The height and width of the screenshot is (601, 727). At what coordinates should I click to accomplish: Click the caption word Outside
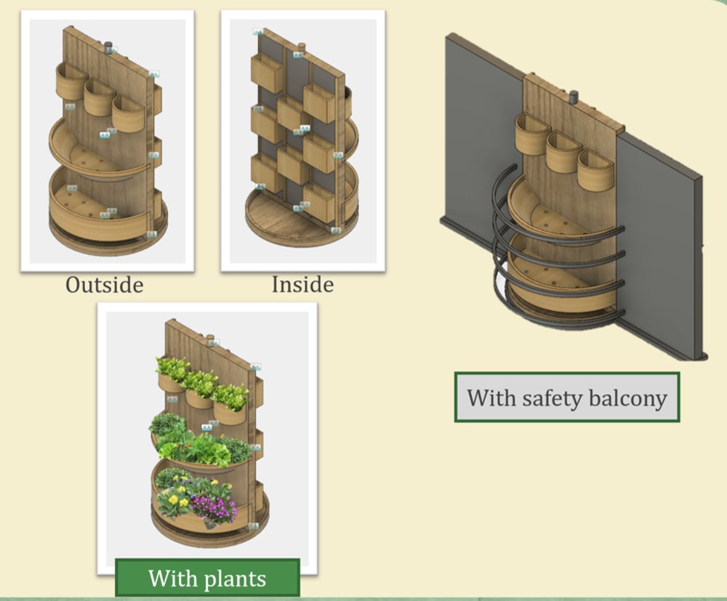[x=104, y=285]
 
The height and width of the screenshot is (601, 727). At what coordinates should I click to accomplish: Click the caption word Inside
[x=302, y=285]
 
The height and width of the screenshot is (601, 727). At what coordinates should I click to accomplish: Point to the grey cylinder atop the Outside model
[x=108, y=47]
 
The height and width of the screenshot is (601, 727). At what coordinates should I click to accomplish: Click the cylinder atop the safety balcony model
[x=574, y=97]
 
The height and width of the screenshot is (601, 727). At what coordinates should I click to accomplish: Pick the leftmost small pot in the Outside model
[x=71, y=82]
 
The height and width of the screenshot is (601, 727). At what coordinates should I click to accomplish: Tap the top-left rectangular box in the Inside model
[x=267, y=73]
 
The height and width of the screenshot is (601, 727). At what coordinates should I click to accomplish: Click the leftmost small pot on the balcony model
[x=533, y=134]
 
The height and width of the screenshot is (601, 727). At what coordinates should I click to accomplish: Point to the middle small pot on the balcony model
[x=563, y=153]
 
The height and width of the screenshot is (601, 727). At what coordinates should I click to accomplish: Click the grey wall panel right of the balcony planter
[x=659, y=246]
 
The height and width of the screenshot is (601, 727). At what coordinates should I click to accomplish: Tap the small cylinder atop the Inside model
[x=302, y=47]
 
